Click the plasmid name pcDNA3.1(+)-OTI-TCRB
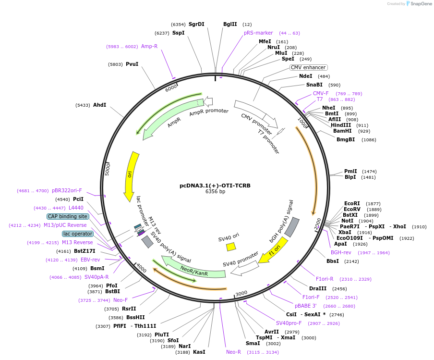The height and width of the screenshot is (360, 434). pos(215,185)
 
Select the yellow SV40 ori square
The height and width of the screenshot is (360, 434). pos(231,247)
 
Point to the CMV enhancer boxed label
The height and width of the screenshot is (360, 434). pos(308,67)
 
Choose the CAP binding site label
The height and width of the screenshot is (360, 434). pos(68,216)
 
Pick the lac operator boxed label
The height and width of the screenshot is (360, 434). pos(77,234)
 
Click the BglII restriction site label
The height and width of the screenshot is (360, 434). pos(230,24)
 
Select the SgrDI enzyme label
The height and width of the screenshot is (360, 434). pos(196,24)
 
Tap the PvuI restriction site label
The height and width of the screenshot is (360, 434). pos(132,64)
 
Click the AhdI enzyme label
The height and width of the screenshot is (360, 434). pos(99,105)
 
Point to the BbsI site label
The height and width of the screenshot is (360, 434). pos(333,261)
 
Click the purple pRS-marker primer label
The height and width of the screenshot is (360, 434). pos(258,33)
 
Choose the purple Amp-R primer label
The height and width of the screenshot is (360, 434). pos(149,46)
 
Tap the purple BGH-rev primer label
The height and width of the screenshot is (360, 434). pos(341,252)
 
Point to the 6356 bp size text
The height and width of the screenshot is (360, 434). pos(215,191)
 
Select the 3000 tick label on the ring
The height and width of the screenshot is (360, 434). pos(241,293)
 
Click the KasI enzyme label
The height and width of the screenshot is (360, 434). pos(199,352)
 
